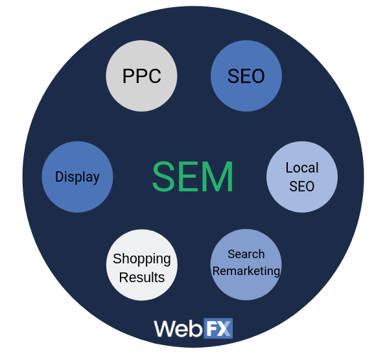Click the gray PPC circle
tap(141, 76)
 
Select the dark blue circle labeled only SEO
tap(246, 76)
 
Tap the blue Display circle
tap(77, 177)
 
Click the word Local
tap(302, 167)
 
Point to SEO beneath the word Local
tap(302, 186)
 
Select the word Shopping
tap(142, 259)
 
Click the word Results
tap(142, 278)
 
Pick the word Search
tap(246, 254)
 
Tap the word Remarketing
tap(246, 271)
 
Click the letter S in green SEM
tap(163, 176)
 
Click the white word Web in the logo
tap(178, 329)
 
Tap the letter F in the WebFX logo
tap(211, 328)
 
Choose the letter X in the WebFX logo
tap(224, 328)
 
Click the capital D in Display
tap(60, 176)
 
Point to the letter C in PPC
tap(154, 76)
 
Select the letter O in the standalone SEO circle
tap(257, 76)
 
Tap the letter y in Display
tap(96, 178)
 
